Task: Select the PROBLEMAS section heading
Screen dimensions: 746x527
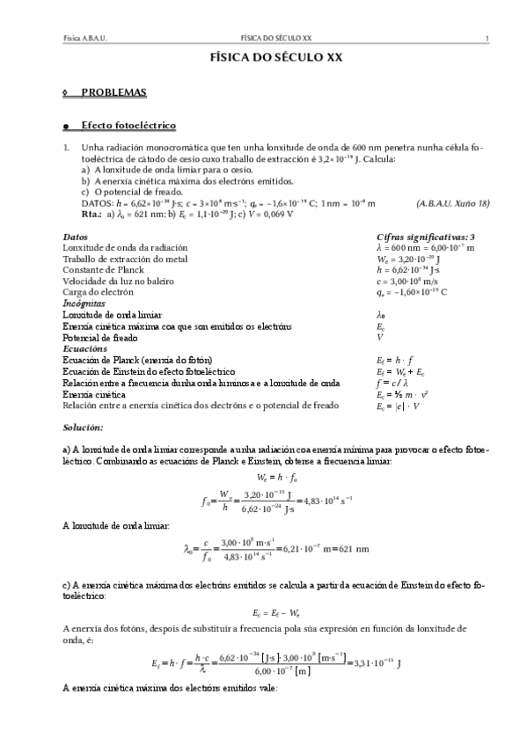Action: [x=114, y=91]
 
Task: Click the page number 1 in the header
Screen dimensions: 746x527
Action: [x=487, y=39]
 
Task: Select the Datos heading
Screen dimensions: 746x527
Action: [x=76, y=238]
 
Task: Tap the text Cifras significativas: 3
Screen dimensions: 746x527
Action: [x=426, y=238]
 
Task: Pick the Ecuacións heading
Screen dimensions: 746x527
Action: [x=84, y=348]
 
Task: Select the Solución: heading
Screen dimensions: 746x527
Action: [x=83, y=428]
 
